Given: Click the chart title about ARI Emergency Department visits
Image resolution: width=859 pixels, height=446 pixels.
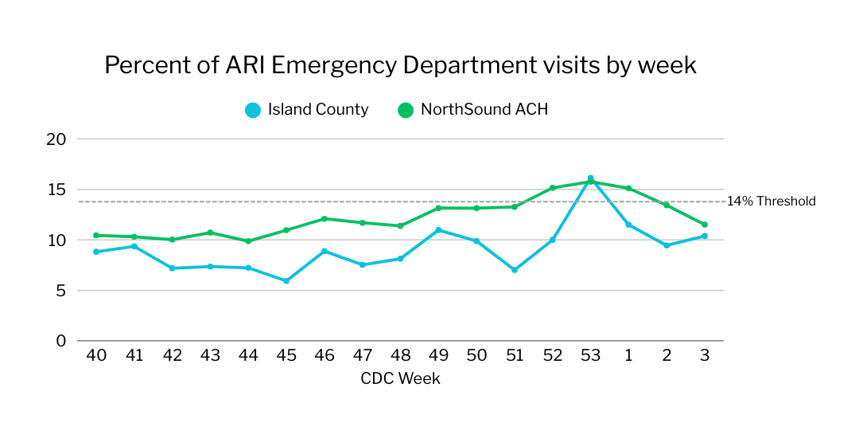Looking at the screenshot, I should (x=400, y=65).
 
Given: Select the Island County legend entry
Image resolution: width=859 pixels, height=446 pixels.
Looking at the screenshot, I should (x=307, y=110).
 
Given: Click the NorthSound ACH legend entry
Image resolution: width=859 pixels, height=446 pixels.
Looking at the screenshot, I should (x=473, y=110).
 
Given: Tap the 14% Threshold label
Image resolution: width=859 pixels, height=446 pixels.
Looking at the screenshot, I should (x=771, y=201).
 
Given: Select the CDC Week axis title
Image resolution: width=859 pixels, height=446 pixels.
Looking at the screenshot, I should (x=400, y=378).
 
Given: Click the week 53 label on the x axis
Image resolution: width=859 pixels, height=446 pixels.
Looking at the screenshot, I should (x=590, y=356).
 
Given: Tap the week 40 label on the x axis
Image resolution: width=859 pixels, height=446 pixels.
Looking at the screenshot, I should (x=96, y=356).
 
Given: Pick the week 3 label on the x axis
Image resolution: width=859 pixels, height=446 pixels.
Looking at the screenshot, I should (x=705, y=356).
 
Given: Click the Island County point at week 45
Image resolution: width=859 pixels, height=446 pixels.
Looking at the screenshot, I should (x=286, y=281).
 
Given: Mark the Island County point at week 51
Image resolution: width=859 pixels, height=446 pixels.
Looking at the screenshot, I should (x=515, y=270).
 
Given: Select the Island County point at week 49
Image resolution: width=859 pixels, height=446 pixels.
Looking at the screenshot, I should (x=438, y=230).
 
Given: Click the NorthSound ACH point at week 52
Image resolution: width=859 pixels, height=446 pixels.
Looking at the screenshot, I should (x=553, y=188).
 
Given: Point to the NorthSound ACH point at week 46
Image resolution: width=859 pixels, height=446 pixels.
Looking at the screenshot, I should (x=324, y=219).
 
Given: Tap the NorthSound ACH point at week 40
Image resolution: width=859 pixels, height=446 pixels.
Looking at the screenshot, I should (x=96, y=236).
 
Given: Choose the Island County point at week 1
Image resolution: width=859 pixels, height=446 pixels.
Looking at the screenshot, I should (x=628, y=225).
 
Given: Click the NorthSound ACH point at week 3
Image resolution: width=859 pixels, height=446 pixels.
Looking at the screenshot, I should (x=705, y=225).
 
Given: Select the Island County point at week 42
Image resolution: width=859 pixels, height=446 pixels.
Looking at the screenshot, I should (x=172, y=268).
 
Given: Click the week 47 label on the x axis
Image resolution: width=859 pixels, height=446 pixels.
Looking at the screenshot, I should (x=362, y=356).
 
